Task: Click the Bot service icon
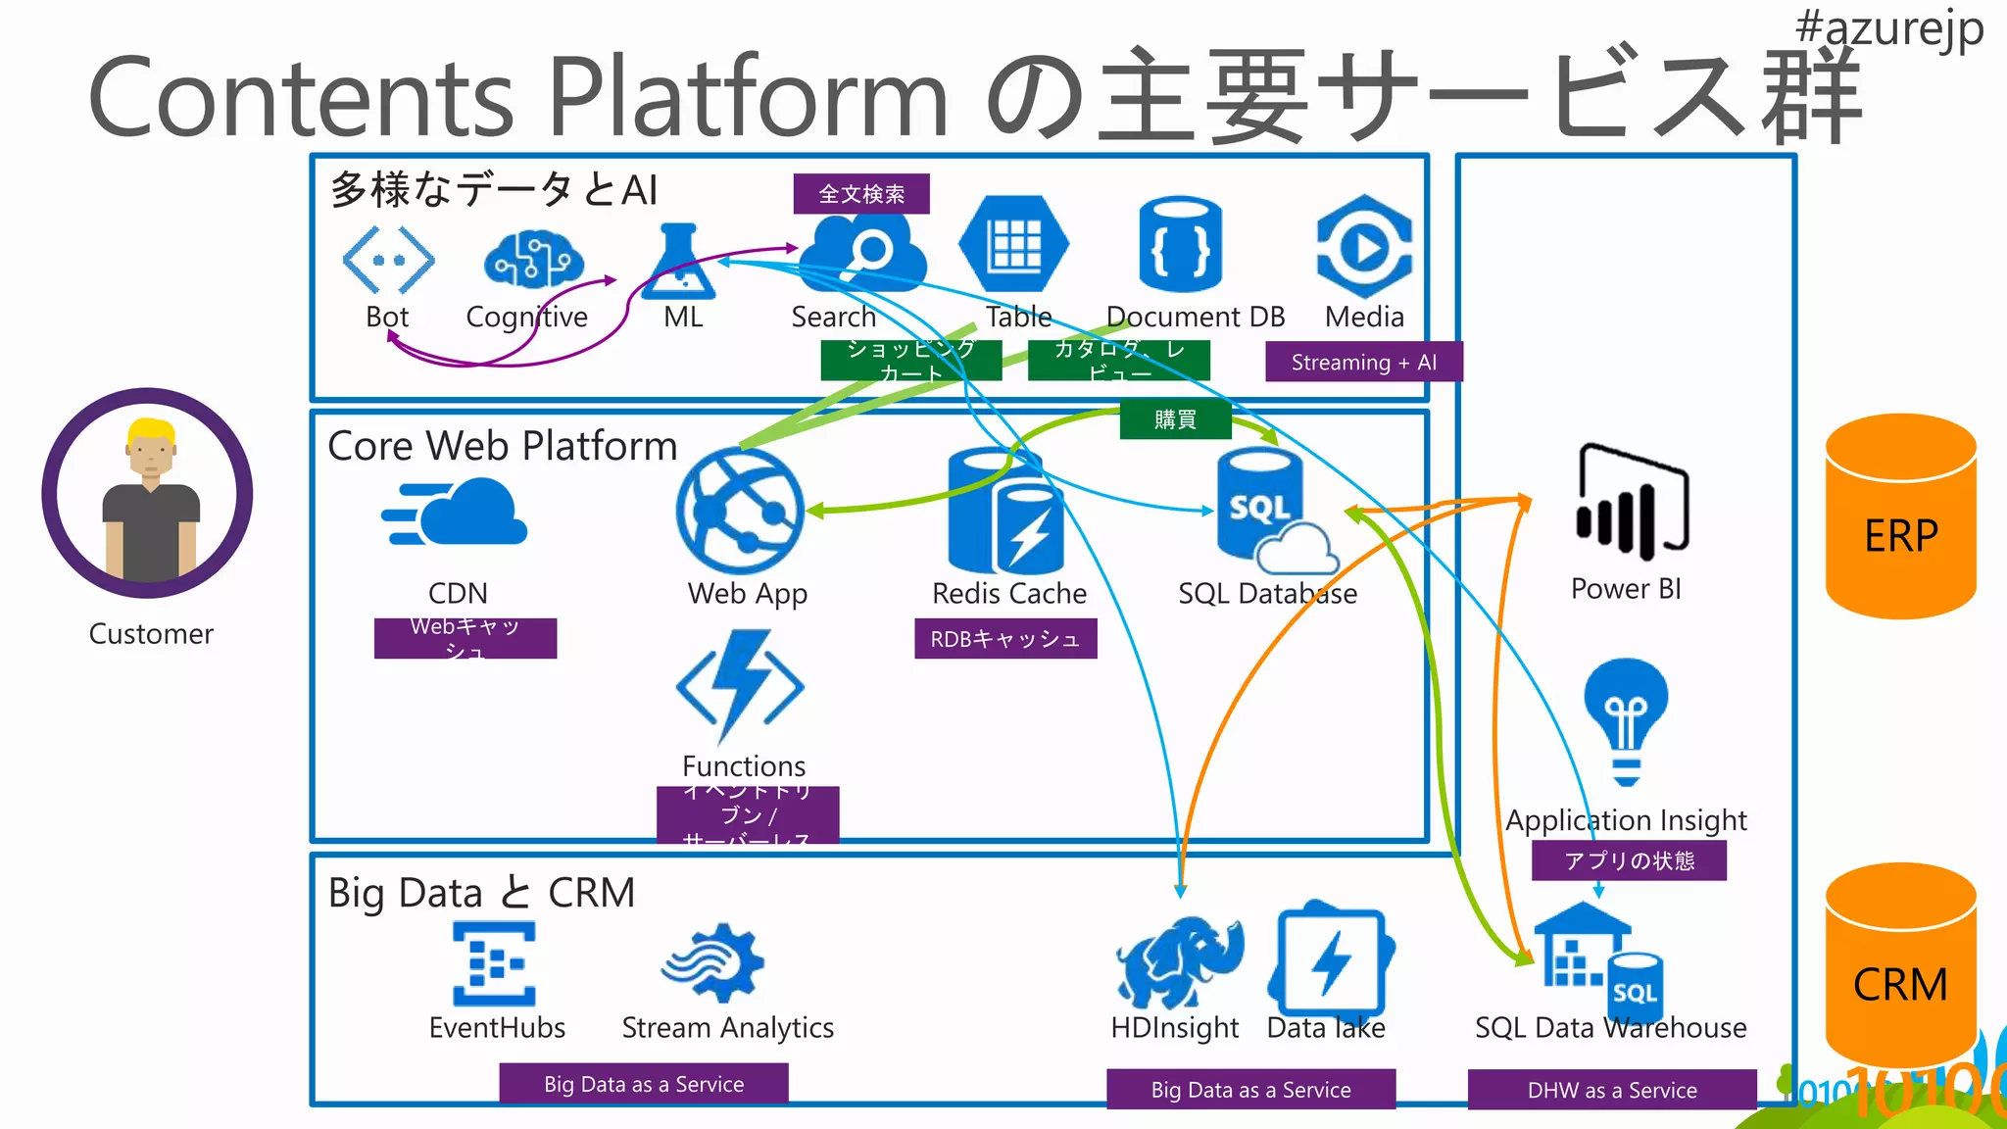[x=388, y=260]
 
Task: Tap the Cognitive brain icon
[x=533, y=260]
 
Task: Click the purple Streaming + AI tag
[x=1363, y=362]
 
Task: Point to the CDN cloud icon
[x=456, y=514]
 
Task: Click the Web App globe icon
[x=740, y=511]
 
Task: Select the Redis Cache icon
[x=1005, y=513]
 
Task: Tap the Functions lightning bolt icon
[x=741, y=686]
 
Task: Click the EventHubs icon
[x=494, y=964]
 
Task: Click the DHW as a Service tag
[x=1611, y=1090]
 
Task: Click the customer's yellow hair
[x=151, y=431]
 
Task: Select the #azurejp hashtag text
[x=1888, y=27]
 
